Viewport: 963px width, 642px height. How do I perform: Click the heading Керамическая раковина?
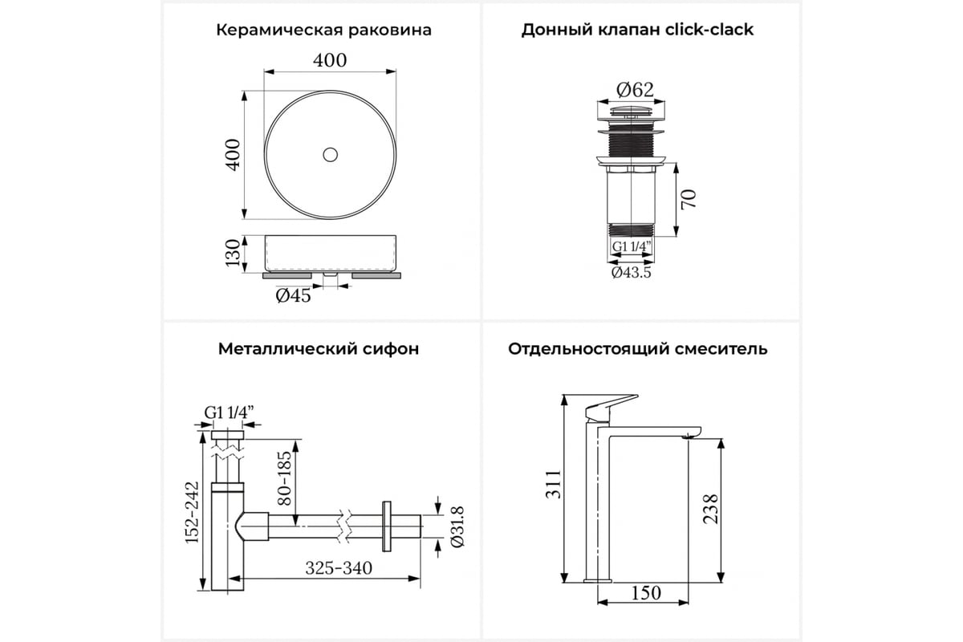click(323, 30)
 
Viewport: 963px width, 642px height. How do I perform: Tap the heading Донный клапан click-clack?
click(637, 30)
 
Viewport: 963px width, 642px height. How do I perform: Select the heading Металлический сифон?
click(319, 349)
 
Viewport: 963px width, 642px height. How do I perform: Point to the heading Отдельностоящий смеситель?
click(637, 349)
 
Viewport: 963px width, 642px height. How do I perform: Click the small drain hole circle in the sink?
click(330, 155)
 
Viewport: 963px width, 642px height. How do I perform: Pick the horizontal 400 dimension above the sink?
click(330, 61)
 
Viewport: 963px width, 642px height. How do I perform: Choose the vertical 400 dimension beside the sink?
click(233, 155)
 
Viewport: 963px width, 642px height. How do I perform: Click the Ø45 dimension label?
click(293, 295)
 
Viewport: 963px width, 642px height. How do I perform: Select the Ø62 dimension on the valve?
click(635, 90)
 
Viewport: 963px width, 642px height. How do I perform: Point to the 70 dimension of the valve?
click(689, 199)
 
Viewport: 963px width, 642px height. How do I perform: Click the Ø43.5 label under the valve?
click(632, 272)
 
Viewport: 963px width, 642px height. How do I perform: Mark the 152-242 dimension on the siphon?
click(192, 512)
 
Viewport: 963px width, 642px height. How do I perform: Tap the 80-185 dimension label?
click(284, 477)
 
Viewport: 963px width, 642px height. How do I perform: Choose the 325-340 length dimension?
click(339, 568)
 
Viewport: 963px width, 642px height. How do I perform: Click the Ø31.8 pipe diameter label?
click(457, 526)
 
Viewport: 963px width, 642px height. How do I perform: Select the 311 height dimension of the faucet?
click(553, 485)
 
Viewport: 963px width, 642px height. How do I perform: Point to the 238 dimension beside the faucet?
click(710, 509)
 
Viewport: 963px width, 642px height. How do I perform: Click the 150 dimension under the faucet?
click(646, 593)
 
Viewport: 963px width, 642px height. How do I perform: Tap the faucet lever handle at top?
click(611, 408)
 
